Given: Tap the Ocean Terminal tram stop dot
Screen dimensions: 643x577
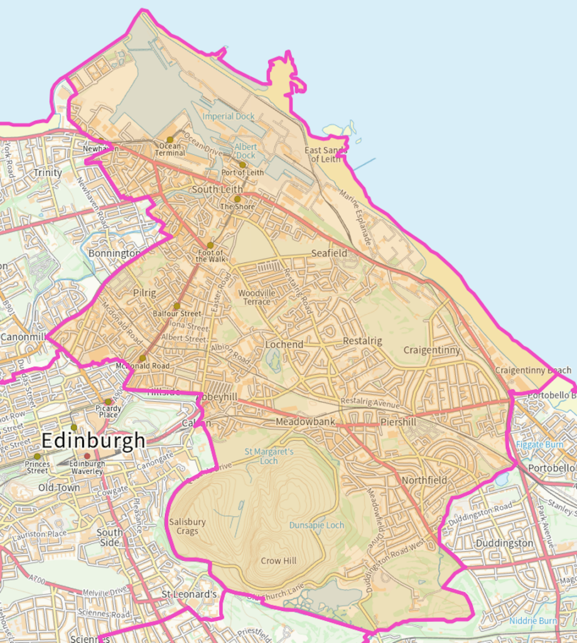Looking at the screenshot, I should (x=170, y=140).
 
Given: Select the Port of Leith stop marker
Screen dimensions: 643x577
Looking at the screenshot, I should (x=242, y=165).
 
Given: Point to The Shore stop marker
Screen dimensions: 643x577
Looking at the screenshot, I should (x=237, y=198).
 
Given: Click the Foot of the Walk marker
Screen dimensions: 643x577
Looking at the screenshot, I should (x=210, y=246).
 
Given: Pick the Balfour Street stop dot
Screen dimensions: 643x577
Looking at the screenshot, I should (x=176, y=306).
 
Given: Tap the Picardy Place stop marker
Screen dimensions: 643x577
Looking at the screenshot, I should (x=108, y=401).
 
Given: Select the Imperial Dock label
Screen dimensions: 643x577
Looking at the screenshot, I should (x=229, y=116).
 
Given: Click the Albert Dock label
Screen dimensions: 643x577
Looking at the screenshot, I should (x=245, y=151).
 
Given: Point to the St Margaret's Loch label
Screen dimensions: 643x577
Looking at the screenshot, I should (x=269, y=456).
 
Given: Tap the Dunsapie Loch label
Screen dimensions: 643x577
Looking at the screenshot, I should (x=316, y=525).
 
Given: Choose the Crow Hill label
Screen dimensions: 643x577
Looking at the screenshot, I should (x=279, y=561).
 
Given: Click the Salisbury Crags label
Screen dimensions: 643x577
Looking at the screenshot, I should (x=187, y=526).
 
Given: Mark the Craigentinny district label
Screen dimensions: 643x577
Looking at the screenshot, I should (x=431, y=350).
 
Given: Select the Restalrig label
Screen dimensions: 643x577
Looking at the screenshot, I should (x=362, y=340).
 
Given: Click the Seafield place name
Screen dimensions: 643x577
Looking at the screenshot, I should (x=329, y=253).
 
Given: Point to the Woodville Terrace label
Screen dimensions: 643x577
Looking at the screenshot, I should (x=257, y=297).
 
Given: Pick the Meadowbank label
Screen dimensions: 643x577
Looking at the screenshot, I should (x=305, y=423).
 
